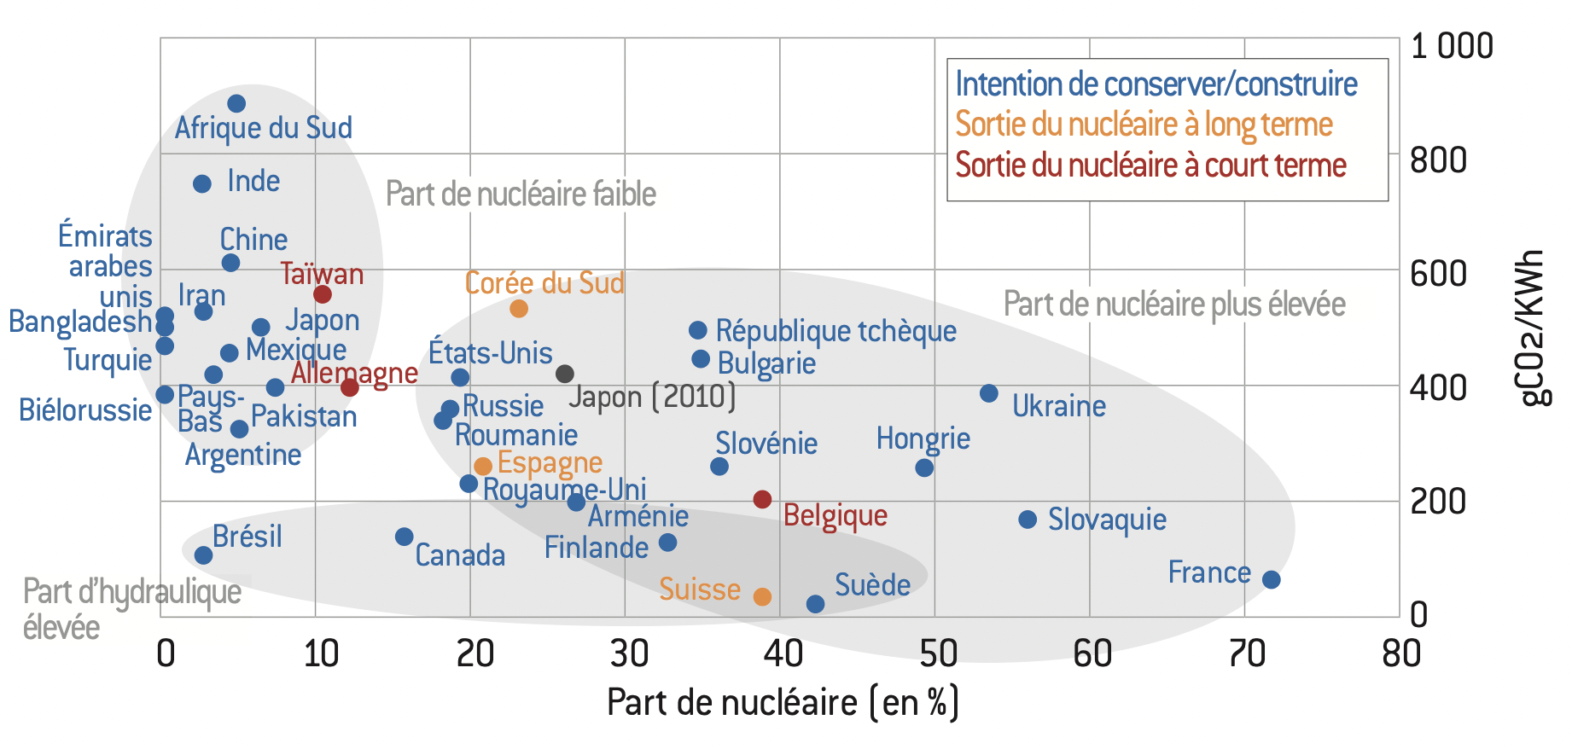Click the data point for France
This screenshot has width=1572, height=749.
coord(1271,580)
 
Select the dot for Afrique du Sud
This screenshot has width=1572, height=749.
coord(236,104)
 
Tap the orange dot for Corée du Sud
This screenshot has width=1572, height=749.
coord(519,309)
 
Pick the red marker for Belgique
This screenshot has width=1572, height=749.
coord(763,499)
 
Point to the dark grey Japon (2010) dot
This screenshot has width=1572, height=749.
coord(564,374)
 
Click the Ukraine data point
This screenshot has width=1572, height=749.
coord(989,393)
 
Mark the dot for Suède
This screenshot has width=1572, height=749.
coord(815,604)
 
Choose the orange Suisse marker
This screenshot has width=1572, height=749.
coord(762,596)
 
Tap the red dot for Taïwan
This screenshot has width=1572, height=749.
coord(323,294)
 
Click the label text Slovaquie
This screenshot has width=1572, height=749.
coord(1107,520)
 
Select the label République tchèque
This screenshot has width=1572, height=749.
coord(835,331)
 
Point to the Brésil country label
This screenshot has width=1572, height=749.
coord(247,537)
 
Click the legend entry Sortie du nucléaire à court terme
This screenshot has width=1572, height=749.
coord(1150,165)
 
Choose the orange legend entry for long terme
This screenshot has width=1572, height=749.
coord(1144,125)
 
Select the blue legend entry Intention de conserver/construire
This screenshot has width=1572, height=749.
coord(1156,84)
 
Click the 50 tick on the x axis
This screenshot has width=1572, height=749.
coord(937,654)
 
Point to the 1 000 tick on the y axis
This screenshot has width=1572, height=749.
coord(1451,46)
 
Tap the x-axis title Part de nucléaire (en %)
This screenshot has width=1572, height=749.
coord(783,703)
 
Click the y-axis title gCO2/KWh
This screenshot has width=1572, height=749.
coord(1534,328)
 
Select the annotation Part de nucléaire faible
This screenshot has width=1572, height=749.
coord(521,195)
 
